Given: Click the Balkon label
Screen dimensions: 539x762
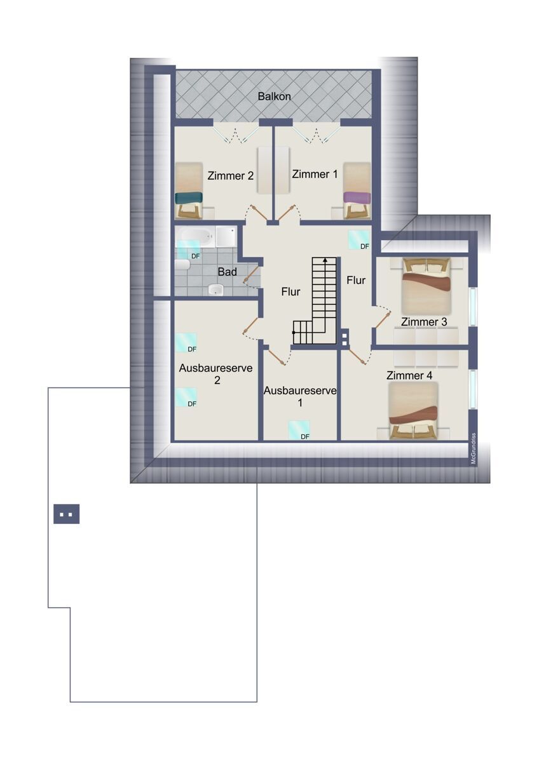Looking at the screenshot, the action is (274, 97).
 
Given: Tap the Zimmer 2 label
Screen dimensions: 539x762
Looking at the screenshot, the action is (231, 175).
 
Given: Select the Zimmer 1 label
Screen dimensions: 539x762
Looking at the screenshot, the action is (315, 174).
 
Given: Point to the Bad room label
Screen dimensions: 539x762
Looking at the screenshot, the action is (227, 272).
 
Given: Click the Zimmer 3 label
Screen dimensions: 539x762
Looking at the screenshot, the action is (423, 321).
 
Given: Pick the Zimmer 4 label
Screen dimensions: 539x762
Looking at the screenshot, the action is (409, 375).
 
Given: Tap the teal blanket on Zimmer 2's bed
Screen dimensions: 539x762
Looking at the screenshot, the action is (189, 197).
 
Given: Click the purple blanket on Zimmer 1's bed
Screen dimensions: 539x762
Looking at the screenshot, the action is (357, 197).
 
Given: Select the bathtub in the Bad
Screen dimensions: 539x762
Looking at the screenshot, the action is (195, 236).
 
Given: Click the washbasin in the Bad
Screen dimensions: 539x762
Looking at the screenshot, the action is (215, 290).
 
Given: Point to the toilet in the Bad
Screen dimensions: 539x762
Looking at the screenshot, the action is (182, 264).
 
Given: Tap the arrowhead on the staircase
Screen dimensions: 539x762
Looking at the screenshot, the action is (325, 260).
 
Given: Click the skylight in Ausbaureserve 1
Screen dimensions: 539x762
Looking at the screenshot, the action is (299, 430).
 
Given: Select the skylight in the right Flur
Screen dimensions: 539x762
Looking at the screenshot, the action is (358, 240).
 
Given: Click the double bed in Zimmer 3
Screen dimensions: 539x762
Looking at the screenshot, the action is (426, 286).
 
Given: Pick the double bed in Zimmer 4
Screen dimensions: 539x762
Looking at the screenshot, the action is (413, 411).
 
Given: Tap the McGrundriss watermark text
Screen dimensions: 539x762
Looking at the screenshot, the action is (474, 448).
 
